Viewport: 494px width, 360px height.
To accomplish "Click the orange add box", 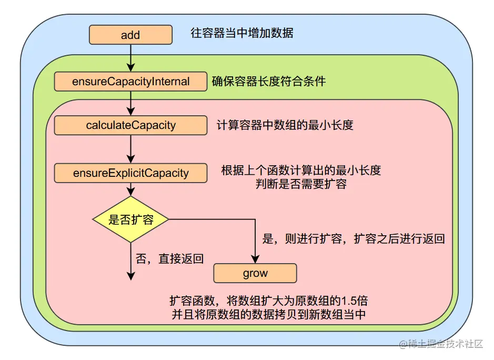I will tap(130, 35).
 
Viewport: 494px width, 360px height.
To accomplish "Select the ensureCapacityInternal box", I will tap(130, 82).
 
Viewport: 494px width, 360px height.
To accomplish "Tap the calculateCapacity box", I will tap(130, 125).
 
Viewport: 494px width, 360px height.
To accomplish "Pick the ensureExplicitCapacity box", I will tap(130, 173).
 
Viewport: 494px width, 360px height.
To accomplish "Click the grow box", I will tap(255, 274).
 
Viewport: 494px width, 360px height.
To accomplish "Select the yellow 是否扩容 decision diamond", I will tap(130, 219).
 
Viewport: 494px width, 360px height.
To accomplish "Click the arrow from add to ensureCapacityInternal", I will tap(130, 58).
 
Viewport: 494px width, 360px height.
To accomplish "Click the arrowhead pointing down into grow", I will tap(255, 258).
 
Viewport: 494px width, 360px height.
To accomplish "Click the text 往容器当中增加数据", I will tap(241, 34).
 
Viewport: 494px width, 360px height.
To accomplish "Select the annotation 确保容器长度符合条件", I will tap(268, 81).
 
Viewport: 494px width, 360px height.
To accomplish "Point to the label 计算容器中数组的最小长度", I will tap(285, 125).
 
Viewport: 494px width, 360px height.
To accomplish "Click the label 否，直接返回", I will tap(170, 258).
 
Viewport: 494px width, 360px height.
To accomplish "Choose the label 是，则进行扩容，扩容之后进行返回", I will tap(354, 238).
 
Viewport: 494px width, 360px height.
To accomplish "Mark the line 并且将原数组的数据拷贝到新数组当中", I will tap(268, 315).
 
